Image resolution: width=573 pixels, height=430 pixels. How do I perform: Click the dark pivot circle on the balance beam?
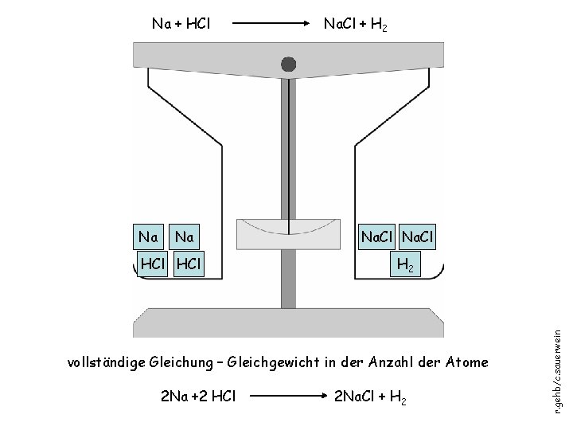click(288, 64)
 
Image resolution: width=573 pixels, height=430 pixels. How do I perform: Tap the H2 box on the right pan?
click(403, 264)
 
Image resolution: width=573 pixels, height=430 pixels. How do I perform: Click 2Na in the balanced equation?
click(173, 396)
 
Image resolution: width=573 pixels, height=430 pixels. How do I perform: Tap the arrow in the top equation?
click(267, 25)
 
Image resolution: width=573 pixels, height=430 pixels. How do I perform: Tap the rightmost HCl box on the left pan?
click(189, 264)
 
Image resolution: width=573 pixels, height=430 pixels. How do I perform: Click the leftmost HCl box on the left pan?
click(151, 264)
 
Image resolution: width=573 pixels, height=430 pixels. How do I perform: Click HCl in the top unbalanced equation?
click(196, 25)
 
